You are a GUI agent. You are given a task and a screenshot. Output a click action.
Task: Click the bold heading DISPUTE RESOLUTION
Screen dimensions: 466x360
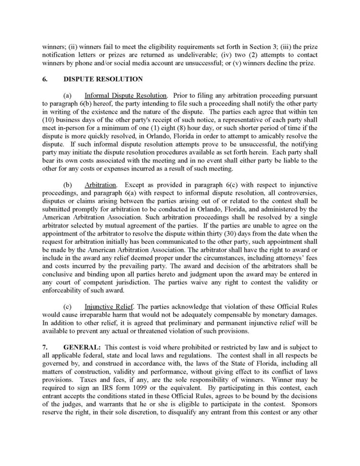pyautogui.click(x=103, y=79)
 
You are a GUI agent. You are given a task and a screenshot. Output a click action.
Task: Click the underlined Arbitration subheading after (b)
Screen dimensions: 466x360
pyautogui.click(x=101, y=185)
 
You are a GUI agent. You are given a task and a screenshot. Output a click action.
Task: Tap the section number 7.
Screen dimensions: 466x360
pyautogui.click(x=45, y=347)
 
